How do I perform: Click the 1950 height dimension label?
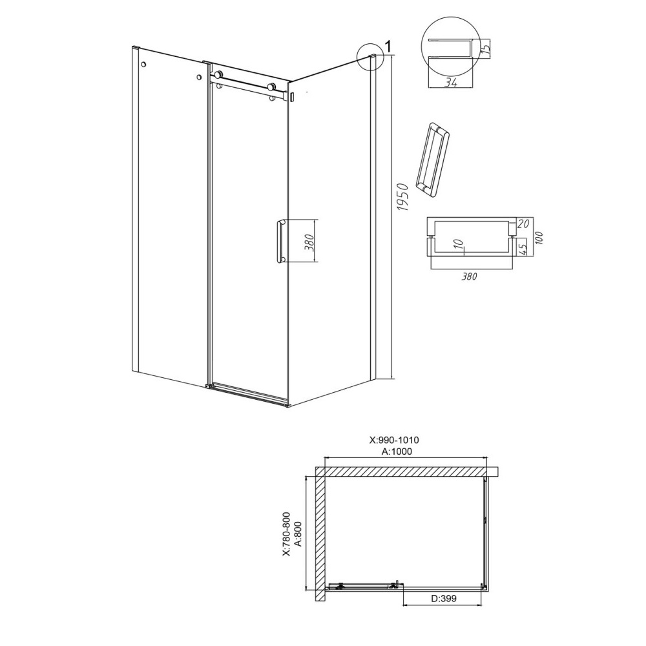403,197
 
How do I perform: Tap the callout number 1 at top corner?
388,45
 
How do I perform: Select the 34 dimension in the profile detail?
451,83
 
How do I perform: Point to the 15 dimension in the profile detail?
486,48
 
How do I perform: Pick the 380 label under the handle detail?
469,276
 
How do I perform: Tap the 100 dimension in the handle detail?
539,238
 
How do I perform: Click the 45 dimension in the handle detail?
522,248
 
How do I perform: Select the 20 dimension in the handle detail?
523,224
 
